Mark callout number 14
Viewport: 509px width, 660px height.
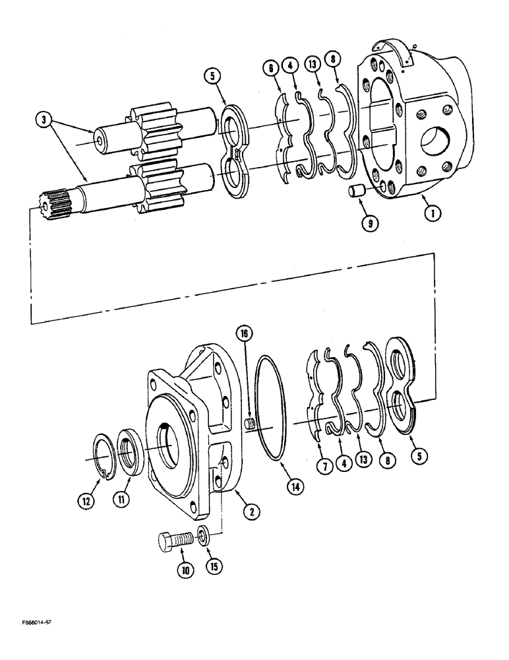click(295, 488)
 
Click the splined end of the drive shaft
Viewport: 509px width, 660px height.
click(53, 201)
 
